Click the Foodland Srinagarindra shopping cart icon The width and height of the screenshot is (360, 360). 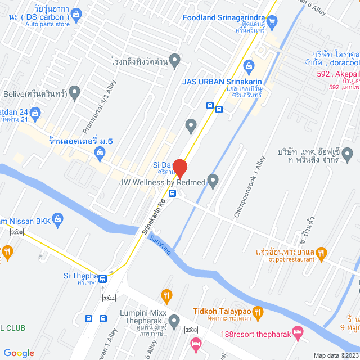pyautogui.click(x=273, y=22)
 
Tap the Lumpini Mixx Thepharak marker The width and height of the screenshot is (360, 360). pyautogui.click(x=174, y=321)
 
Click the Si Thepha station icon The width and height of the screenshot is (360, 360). pyautogui.click(x=103, y=278)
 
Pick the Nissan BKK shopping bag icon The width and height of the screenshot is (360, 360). pyautogui.click(x=57, y=219)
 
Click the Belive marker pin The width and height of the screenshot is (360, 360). pyautogui.click(x=74, y=93)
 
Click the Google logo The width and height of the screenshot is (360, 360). pyautogui.click(x=19, y=353)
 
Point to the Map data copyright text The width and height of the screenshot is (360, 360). pyautogui.click(x=336, y=355)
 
